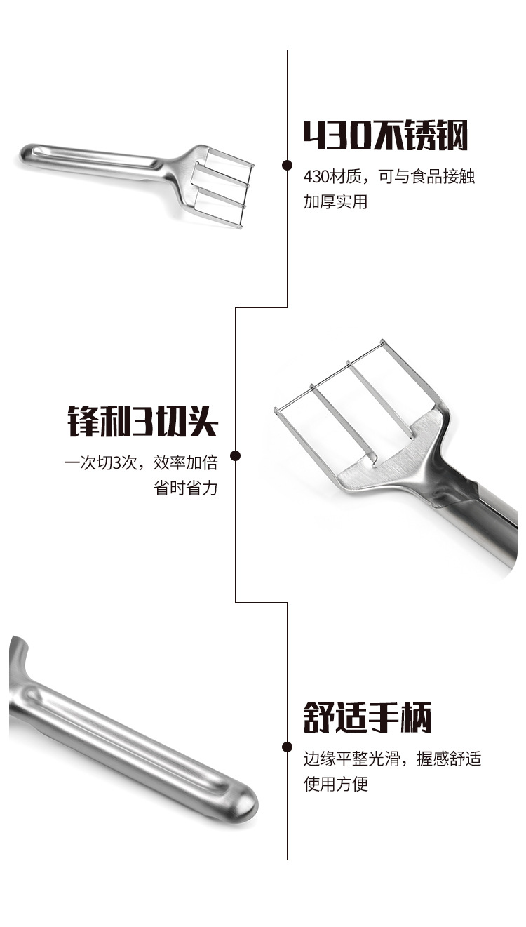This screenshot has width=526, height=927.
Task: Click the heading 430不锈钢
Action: point(385,135)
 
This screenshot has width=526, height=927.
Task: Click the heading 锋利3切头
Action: point(142,421)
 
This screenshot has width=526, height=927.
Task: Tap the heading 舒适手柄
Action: point(367,717)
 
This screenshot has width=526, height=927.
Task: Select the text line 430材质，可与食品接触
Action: point(389,177)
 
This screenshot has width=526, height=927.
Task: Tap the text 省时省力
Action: point(186,488)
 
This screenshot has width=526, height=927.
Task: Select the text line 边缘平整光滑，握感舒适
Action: point(392,759)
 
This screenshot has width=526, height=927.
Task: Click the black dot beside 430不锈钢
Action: point(287,165)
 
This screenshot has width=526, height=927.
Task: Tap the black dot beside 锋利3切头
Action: point(236,456)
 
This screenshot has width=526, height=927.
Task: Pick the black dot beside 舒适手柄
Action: point(287,747)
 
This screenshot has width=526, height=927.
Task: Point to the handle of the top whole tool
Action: point(91,159)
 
